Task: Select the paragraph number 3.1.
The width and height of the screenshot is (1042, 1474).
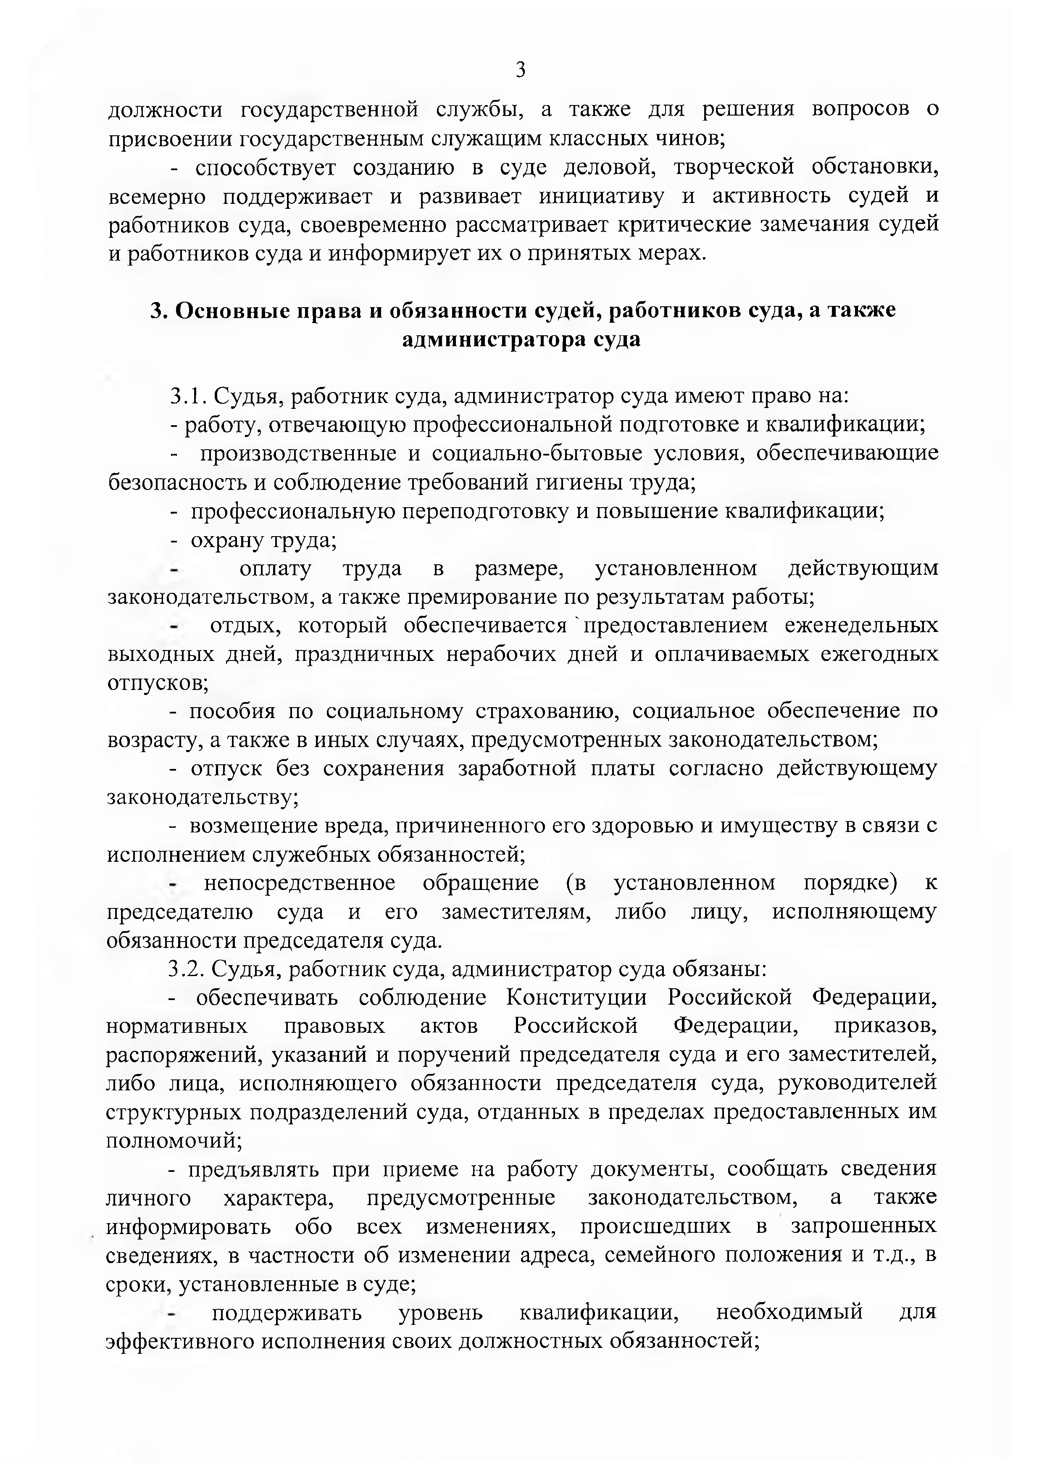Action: click(x=187, y=397)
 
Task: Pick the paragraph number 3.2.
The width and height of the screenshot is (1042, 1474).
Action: click(x=186, y=969)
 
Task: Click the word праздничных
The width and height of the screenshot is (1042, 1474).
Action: click(x=360, y=654)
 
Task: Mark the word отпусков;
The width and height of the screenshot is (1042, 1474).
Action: click(x=158, y=682)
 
